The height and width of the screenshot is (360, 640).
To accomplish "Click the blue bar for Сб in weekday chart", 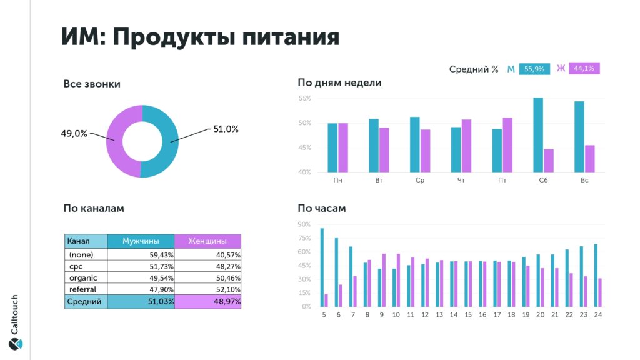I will (538, 135).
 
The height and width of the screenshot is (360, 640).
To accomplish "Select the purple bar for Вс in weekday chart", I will (589, 159).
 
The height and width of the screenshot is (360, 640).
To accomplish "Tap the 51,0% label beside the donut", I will (226, 129).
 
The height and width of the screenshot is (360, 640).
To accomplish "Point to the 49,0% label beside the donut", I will (74, 133).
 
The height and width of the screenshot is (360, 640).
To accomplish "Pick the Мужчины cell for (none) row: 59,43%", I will (141, 255).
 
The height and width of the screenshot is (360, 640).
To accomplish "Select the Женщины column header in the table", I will (207, 241).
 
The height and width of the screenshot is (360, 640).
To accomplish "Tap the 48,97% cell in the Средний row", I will (207, 302).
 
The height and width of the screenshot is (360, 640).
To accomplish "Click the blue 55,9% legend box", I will (534, 69).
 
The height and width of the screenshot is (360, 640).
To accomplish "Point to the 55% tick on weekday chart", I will (304, 99).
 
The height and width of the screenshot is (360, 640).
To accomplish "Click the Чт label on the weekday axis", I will (461, 181).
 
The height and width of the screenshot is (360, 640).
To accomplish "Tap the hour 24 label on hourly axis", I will (597, 315).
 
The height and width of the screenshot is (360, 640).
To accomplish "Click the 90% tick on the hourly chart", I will (304, 224).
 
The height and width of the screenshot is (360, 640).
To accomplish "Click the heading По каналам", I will (94, 208).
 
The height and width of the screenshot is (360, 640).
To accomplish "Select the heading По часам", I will (322, 208).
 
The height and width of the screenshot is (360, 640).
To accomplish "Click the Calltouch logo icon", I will (15, 343).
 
